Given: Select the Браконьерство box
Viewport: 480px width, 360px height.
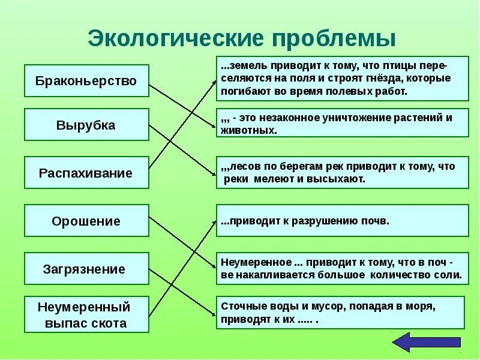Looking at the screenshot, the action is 86,80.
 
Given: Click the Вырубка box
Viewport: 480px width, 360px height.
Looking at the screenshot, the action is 86,125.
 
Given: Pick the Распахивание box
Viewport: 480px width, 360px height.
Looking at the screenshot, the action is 86,173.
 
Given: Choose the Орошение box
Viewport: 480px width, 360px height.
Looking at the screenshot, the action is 86,221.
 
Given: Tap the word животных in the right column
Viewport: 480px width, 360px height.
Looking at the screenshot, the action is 249,130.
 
